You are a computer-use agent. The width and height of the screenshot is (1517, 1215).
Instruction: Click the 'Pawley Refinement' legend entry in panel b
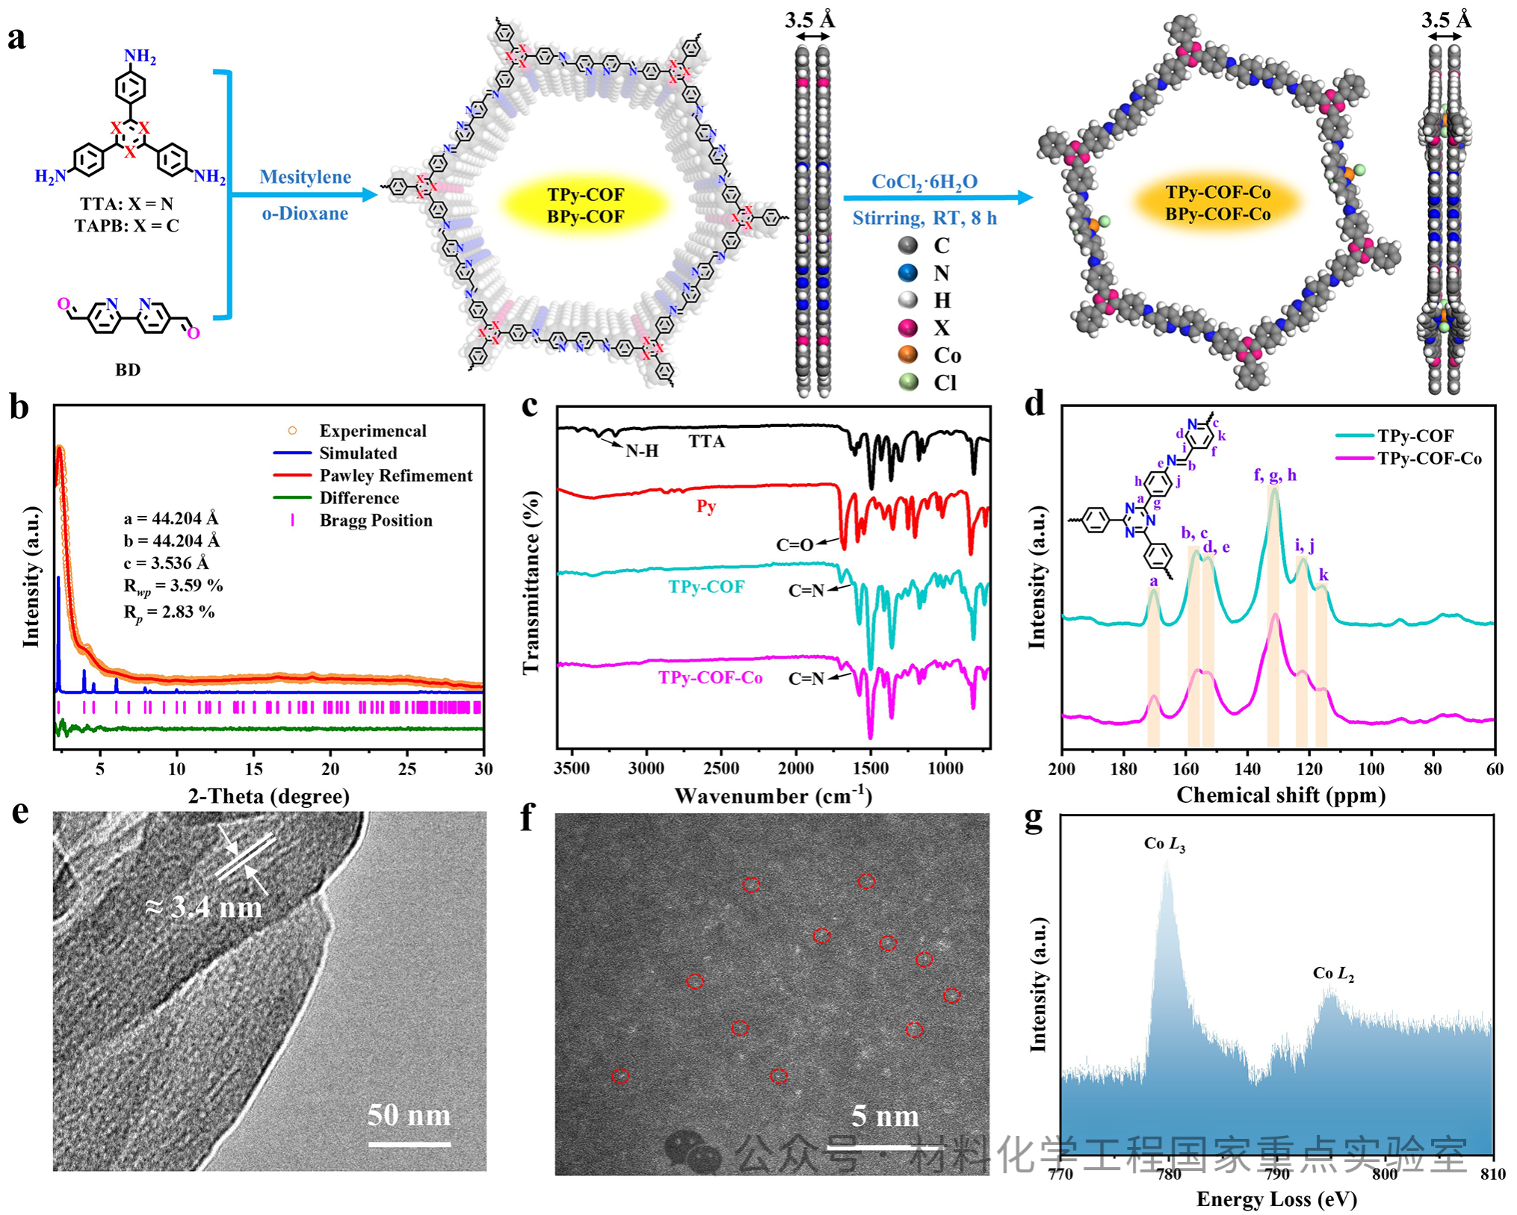tap(395, 476)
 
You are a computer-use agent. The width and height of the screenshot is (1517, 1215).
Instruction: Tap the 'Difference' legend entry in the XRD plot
tap(359, 498)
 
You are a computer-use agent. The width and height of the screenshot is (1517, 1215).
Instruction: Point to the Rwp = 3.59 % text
tap(173, 586)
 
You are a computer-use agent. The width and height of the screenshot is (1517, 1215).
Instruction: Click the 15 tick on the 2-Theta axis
tap(253, 769)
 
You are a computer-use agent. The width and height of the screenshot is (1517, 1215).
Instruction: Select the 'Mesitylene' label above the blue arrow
tap(305, 177)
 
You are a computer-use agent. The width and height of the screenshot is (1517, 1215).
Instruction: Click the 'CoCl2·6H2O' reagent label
tap(924, 182)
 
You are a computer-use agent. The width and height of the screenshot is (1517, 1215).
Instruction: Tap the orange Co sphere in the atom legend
tap(908, 355)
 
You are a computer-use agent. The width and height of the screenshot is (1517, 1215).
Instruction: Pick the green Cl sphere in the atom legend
tap(908, 382)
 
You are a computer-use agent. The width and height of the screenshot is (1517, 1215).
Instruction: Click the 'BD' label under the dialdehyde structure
tap(128, 370)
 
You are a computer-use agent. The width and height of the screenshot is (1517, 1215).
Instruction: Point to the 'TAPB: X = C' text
tap(127, 226)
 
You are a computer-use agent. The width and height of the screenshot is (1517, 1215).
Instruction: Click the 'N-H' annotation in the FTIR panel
tap(642, 451)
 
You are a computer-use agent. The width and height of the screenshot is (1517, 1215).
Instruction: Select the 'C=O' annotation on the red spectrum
tap(794, 545)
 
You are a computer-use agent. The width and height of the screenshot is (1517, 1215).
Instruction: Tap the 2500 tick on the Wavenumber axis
tap(721, 769)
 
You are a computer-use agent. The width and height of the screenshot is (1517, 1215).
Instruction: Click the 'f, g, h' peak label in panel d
tap(1275, 475)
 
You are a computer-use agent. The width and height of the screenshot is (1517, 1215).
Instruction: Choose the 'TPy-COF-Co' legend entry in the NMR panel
tap(1429, 459)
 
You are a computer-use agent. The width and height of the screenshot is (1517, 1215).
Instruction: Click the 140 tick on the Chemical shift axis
tap(1247, 769)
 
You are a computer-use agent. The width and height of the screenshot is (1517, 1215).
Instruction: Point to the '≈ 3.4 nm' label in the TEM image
tap(204, 907)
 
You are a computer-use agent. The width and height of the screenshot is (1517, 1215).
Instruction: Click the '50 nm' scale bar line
tap(409, 1144)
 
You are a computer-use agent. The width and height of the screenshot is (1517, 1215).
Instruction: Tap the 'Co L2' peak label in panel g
tap(1333, 974)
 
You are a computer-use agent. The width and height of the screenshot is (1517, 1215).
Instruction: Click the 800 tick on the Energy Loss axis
tap(1385, 1174)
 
